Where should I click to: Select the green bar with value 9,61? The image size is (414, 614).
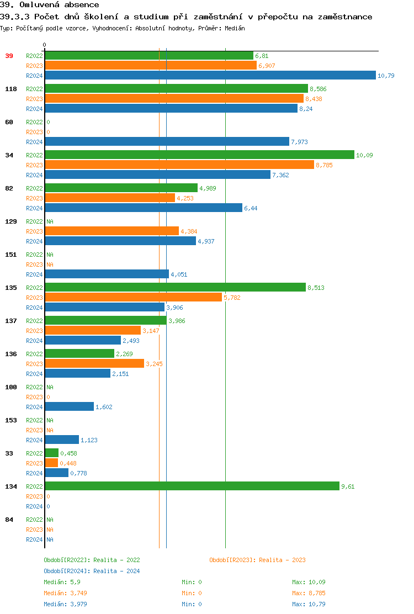click(192, 486)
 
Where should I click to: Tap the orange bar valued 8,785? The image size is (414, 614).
click(179, 165)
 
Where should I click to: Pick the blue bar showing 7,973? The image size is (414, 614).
click(167, 141)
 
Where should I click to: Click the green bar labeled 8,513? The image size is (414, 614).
click(175, 287)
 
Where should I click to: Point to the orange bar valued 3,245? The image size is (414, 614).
click(94, 363)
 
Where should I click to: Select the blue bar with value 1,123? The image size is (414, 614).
click(62, 440)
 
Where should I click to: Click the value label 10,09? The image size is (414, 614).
click(364, 155)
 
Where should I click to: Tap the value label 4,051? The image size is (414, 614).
click(179, 274)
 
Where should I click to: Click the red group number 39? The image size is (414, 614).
click(9, 56)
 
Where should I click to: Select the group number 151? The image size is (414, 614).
click(10, 255)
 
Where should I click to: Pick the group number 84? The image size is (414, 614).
click(9, 520)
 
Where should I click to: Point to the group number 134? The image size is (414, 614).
click(10, 486)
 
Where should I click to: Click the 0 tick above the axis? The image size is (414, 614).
click(45, 45)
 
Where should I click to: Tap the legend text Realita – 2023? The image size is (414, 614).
click(282, 560)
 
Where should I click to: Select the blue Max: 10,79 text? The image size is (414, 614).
click(309, 604)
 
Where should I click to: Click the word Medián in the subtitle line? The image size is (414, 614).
click(235, 28)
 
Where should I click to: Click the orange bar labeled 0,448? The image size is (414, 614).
click(51, 463)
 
